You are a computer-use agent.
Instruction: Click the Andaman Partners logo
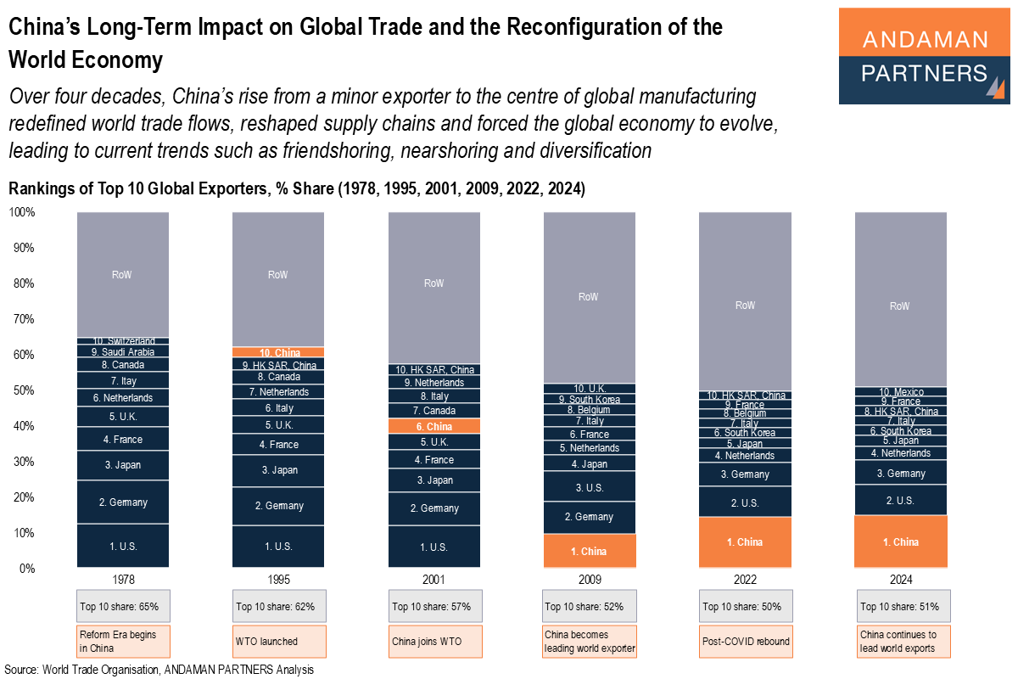tap(925, 56)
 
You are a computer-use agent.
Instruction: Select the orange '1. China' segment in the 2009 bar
tap(589, 551)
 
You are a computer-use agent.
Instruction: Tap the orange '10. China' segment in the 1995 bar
tap(278, 352)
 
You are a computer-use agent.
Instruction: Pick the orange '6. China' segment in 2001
tap(433, 426)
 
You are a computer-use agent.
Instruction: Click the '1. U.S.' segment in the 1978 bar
tap(123, 546)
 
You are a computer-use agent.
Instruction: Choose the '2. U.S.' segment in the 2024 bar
tap(900, 500)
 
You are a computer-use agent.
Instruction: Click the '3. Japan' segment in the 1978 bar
tap(123, 464)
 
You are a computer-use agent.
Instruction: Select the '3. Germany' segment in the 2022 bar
tap(745, 474)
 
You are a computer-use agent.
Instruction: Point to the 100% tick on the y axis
tap(21, 212)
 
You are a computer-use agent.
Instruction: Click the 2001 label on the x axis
tap(433, 580)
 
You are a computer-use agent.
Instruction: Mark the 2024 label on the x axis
tap(900, 580)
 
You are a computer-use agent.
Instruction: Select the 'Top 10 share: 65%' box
tap(123, 606)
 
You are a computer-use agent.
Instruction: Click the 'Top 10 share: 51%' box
tap(903, 606)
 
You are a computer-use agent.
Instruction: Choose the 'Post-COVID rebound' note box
tap(746, 641)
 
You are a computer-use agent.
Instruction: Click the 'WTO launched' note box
tap(278, 641)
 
